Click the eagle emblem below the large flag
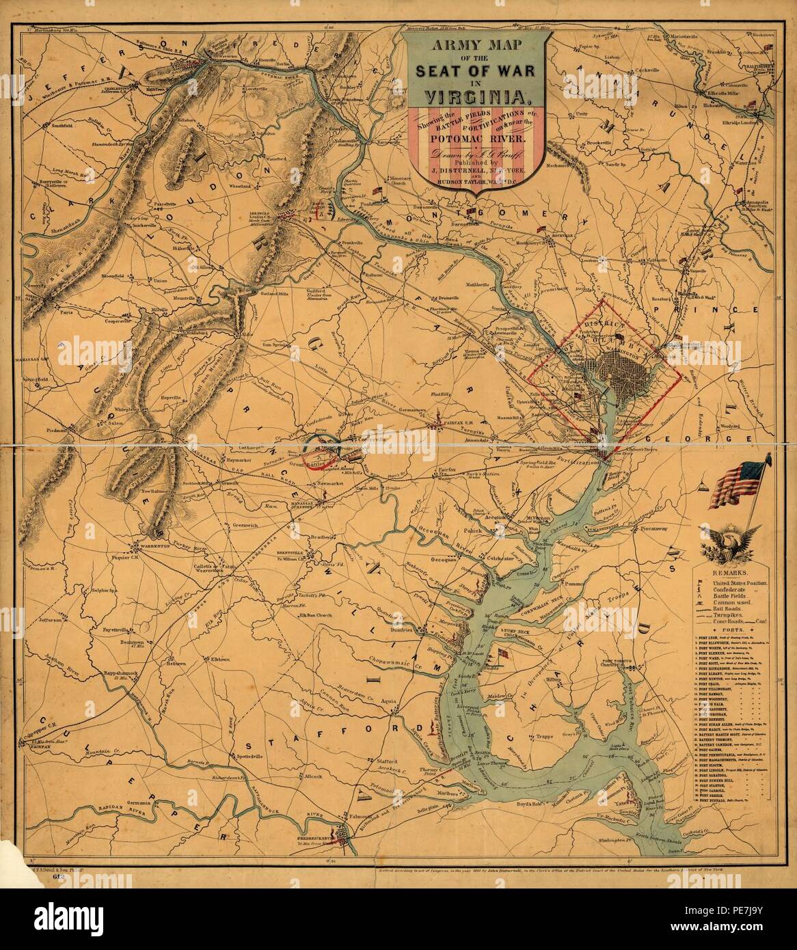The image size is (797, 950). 730,543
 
